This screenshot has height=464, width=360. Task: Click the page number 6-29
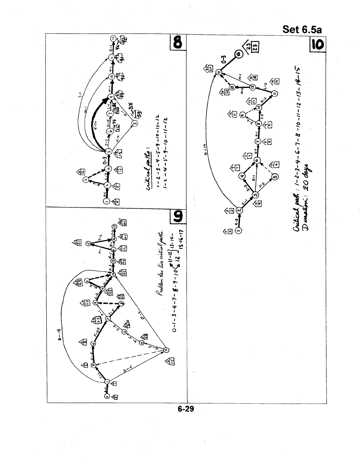click(186, 409)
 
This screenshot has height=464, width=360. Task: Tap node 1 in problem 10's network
click(238, 231)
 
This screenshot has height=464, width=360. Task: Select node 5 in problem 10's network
click(275, 177)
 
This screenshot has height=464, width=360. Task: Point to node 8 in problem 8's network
click(134, 123)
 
